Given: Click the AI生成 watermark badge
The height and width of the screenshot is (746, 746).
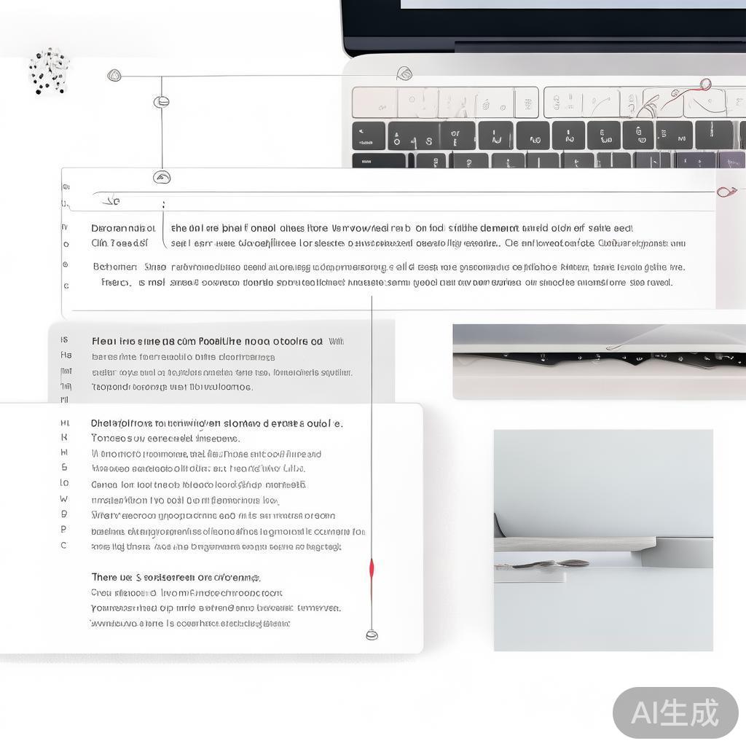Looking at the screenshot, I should click(675, 712).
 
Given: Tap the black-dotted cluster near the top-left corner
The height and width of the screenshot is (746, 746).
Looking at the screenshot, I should click(49, 71).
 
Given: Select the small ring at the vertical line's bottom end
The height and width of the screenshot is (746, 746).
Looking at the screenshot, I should click(372, 635).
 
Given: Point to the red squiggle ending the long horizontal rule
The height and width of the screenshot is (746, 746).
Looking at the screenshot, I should click(726, 192).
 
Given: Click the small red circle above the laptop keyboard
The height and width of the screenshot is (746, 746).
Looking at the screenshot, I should click(704, 84).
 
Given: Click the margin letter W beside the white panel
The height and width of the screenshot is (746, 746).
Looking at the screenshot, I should click(64, 499).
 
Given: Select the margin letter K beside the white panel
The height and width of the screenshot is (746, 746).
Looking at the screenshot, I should click(64, 437).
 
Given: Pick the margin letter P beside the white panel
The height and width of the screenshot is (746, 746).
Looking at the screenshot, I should click(64, 529).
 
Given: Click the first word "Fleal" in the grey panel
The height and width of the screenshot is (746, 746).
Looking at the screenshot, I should click(103, 341).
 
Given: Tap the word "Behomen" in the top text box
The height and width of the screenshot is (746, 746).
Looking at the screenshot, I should click(114, 267).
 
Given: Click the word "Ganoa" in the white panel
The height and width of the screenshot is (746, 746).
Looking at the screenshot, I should click(104, 484).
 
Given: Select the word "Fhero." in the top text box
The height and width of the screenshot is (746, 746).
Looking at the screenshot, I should click(114, 282).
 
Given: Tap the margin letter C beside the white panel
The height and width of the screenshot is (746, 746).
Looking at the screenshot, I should click(63, 545).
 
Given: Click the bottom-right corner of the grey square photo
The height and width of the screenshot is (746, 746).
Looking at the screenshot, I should click(712, 650).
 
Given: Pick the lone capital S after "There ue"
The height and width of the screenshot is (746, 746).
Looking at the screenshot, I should click(138, 577).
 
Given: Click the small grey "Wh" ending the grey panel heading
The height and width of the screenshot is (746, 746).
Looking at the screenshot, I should click(336, 341).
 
